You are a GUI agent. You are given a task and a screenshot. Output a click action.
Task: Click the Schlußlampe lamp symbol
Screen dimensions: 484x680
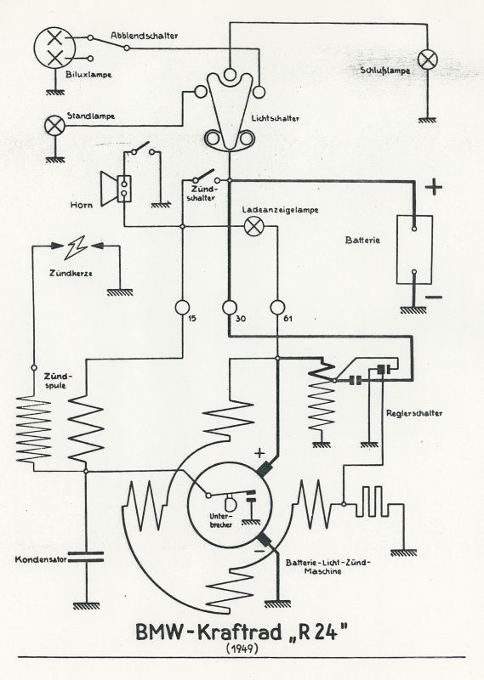tap(427, 59)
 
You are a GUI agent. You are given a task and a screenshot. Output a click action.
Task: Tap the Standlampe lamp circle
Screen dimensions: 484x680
tap(55, 126)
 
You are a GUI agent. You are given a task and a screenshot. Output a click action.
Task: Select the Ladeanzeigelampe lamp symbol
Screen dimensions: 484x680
tap(253, 226)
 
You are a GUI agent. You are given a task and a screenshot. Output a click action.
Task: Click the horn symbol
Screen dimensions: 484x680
tap(116, 188)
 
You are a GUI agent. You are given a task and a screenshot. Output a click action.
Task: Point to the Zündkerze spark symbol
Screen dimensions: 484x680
tap(76, 247)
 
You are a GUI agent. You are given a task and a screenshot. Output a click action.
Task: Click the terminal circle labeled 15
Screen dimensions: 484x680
tap(182, 307)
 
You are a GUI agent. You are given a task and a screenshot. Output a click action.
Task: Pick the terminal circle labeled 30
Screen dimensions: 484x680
tap(229, 307)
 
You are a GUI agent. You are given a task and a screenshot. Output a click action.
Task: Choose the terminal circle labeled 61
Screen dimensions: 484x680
tap(277, 307)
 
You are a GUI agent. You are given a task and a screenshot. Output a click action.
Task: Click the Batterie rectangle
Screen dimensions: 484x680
tap(414, 250)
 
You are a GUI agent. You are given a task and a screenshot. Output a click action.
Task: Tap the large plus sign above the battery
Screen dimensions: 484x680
tap(434, 187)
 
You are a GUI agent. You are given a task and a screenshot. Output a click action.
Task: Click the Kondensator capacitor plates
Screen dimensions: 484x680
tap(87, 557)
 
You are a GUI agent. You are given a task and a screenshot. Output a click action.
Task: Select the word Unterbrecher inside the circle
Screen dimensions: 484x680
tap(221, 520)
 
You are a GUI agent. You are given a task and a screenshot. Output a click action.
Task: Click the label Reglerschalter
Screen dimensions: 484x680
tap(414, 413)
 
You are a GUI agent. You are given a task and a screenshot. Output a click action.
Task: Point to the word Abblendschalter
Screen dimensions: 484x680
tap(144, 36)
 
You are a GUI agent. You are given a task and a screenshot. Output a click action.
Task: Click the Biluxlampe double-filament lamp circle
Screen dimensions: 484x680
tap(54, 48)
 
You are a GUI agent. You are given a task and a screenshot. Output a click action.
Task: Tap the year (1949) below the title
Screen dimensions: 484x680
tap(242, 649)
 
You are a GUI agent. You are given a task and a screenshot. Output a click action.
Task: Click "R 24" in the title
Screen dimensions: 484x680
tap(317, 632)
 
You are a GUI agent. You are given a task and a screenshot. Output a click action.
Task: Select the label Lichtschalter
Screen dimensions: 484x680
tap(276, 118)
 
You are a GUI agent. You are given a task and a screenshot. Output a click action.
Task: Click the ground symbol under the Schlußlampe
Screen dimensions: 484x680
tap(428, 120)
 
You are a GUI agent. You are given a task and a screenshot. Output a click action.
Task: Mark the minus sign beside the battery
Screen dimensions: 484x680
tap(434, 297)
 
